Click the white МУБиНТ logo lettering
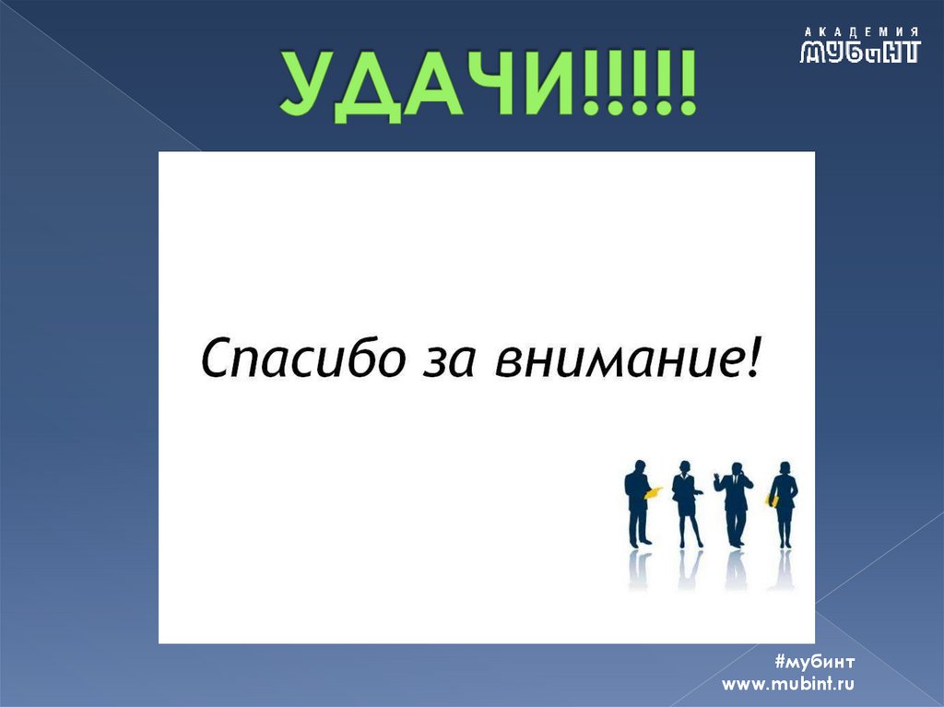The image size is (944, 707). (x=860, y=52)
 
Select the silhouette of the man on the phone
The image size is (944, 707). (x=736, y=502)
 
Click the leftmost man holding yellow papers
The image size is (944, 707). (x=638, y=502)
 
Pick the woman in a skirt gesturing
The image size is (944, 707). (x=686, y=502)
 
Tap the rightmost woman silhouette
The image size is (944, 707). (x=784, y=502)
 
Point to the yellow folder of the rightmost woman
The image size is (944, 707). (x=772, y=501)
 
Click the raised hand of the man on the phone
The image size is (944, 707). (x=718, y=477)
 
